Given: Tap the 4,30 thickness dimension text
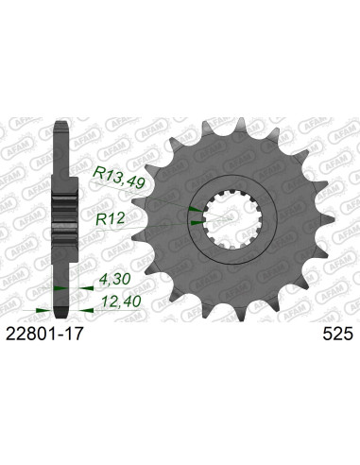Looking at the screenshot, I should pyautogui.click(x=114, y=281).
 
